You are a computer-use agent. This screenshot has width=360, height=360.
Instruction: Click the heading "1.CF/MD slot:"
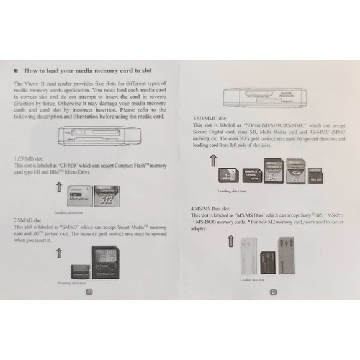click(30, 160)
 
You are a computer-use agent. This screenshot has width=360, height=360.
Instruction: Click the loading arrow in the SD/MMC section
click(214, 161)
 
